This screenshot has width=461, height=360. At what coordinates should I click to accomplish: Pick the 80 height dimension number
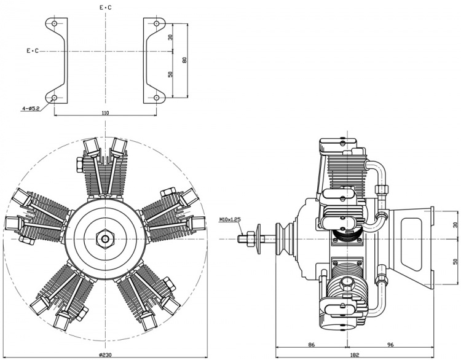[x=184, y=60]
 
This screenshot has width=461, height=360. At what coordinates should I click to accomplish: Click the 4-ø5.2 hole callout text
[x=30, y=109]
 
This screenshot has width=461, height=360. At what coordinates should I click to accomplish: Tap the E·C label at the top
[x=106, y=7]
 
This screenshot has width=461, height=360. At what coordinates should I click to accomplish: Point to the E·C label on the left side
[x=33, y=51]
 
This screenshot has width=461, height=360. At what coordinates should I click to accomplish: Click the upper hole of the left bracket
[x=54, y=24]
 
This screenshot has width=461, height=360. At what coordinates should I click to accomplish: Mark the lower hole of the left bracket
[x=54, y=98]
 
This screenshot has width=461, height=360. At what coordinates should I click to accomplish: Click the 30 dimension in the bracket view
[x=171, y=37]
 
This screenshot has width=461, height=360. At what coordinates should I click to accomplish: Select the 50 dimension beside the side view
[x=455, y=261]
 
